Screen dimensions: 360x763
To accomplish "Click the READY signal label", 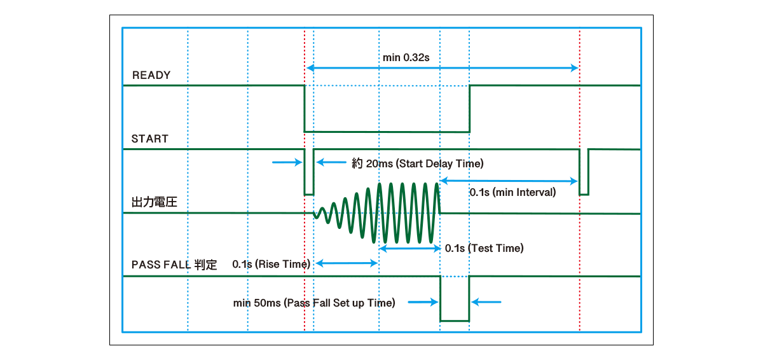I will (x=151, y=75).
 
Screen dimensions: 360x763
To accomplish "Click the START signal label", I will (x=150, y=139).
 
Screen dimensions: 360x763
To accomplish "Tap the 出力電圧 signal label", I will (x=153, y=202).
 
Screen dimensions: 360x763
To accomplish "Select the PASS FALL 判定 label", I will (x=174, y=265).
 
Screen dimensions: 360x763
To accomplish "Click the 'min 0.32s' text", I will (x=406, y=58).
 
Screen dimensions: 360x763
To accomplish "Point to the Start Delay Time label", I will (x=418, y=163).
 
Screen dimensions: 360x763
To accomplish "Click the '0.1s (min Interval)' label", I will (x=512, y=191).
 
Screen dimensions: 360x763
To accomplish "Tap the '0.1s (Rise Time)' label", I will (x=271, y=264).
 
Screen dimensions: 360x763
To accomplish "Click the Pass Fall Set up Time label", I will (x=314, y=303).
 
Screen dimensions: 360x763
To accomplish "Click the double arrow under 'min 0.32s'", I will (x=443, y=68).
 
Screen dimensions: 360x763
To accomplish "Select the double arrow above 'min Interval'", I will (x=509, y=181).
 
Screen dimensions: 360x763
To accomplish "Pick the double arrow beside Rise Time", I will (x=347, y=262).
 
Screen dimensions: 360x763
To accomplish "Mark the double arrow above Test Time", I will (x=409, y=249).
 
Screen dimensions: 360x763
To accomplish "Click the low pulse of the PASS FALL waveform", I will (x=455, y=320).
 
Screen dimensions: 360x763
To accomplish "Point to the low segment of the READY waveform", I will (x=387, y=131).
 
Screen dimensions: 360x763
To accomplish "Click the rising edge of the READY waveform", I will (x=469, y=108).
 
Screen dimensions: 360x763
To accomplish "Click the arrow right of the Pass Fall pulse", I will (x=488, y=302).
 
